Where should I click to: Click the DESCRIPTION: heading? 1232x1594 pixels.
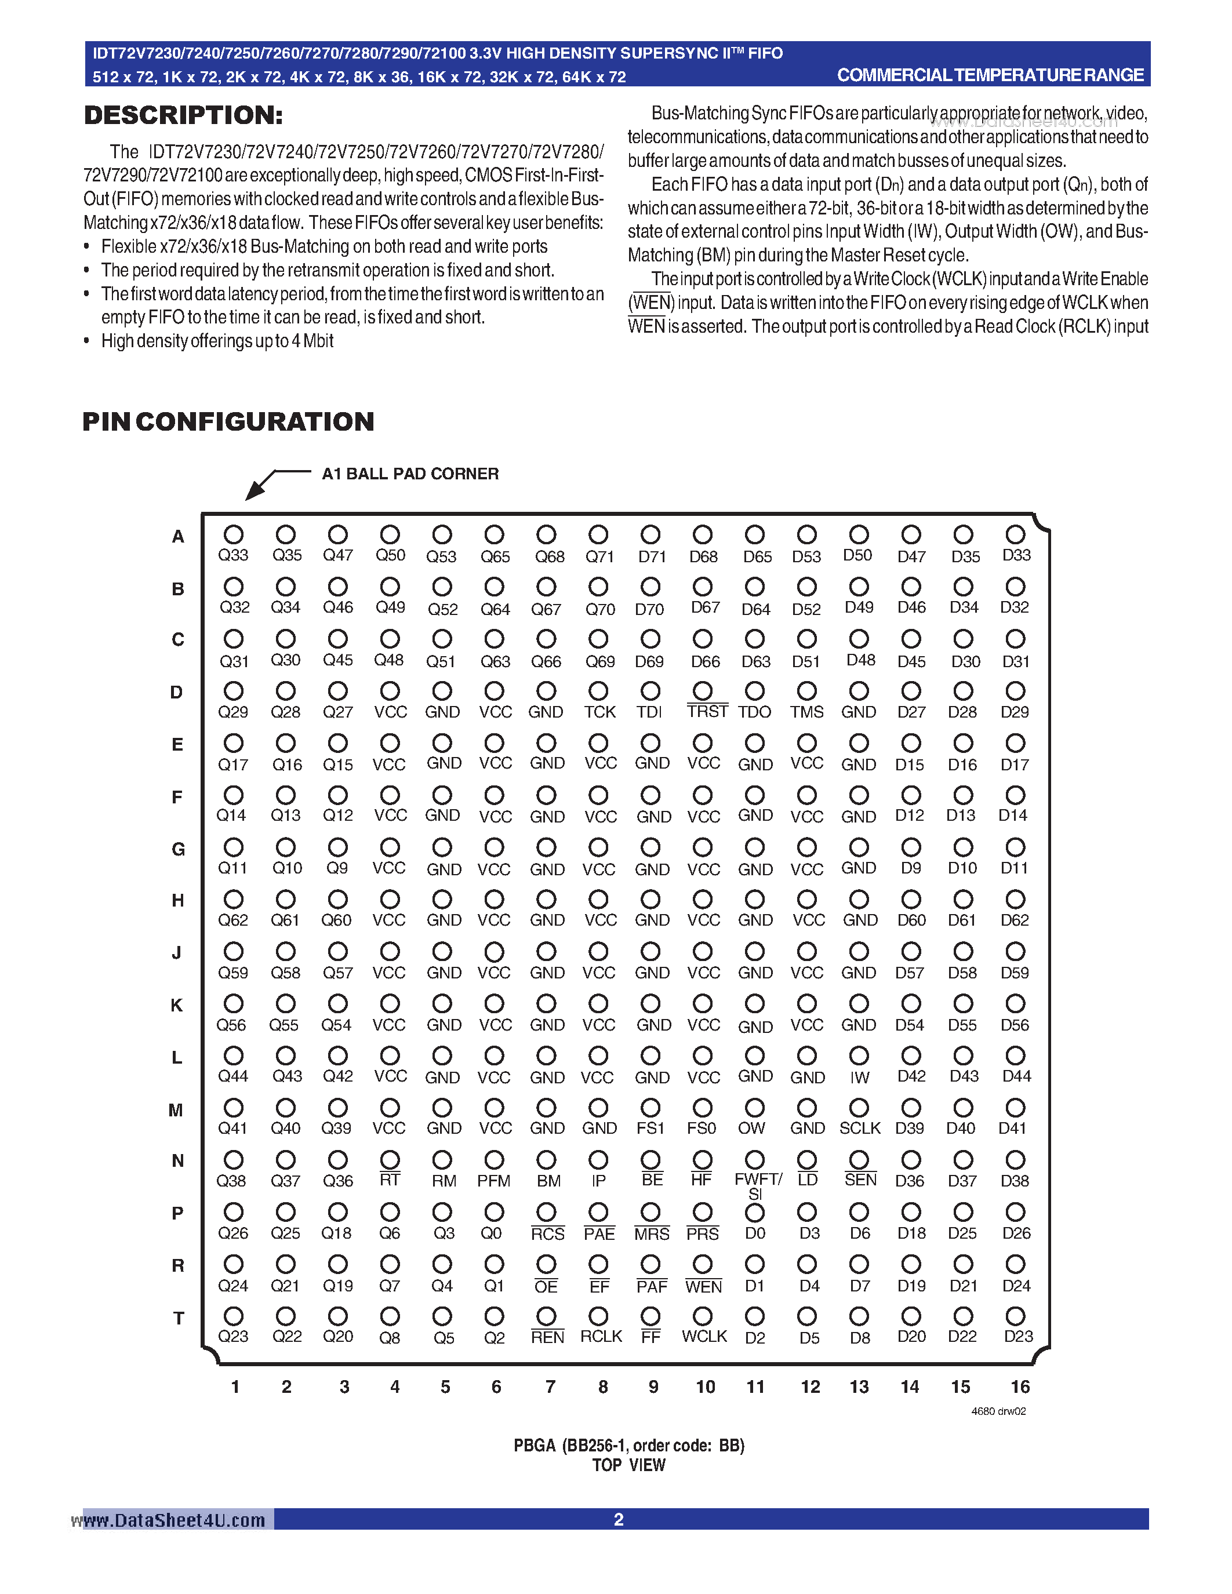coord(183,115)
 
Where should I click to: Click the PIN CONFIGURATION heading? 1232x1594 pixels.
coord(228,422)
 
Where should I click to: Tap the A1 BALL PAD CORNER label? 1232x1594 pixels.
coord(410,474)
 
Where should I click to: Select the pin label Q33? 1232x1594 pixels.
coord(233,555)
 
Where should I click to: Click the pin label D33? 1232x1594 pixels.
coord(1016,555)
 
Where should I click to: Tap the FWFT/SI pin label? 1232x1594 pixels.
coord(757,1186)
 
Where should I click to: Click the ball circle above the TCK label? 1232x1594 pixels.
coord(598,690)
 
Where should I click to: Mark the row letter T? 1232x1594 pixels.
coord(178,1318)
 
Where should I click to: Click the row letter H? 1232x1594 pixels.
coord(177,901)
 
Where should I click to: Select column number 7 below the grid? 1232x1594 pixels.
coord(550,1386)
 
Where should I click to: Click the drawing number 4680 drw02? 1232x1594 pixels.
coord(998,1411)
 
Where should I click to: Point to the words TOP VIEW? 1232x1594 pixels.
coord(628,1465)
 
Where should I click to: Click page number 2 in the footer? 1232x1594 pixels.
coord(618,1520)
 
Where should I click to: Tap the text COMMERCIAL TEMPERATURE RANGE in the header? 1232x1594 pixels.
coord(990,75)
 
